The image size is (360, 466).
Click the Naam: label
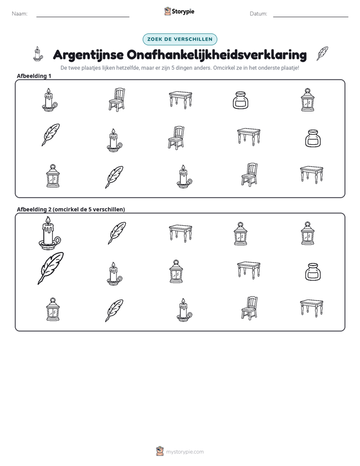pos(20,14)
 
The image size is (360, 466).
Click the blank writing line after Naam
pos(83,17)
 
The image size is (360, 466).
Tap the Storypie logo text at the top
pos(183,12)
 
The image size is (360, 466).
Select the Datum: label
pos(259,14)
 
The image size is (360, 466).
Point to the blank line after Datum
pos(311,17)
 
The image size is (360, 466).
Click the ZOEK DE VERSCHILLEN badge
pos(180,39)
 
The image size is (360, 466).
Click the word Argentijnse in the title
pos(88,55)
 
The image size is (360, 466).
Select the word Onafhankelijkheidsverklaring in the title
pos(217,55)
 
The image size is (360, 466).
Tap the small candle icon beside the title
pos(37,54)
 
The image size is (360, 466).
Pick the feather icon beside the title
pos(322,53)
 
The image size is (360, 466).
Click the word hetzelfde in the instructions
pos(129,68)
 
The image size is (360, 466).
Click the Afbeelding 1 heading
pos(34,76)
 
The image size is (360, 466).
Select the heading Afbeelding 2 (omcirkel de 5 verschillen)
pos(71,209)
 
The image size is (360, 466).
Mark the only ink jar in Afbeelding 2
pos(313,272)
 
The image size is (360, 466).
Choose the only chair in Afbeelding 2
pos(249,308)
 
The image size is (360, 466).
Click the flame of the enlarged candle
pos(48,220)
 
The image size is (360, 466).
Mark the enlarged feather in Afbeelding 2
pos(51,268)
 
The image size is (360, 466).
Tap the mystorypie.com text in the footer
pos(185,452)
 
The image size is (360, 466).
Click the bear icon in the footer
pos(160,451)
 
